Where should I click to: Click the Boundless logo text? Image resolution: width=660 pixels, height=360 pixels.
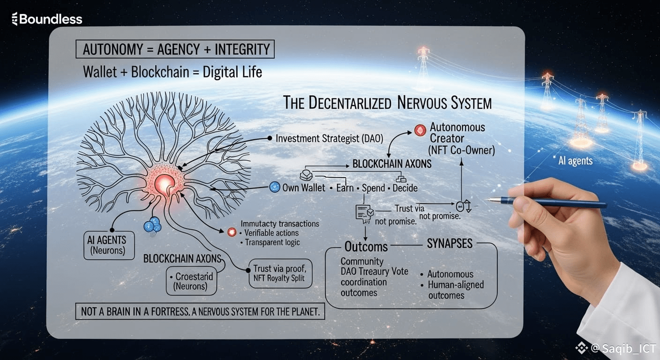pos(46,19)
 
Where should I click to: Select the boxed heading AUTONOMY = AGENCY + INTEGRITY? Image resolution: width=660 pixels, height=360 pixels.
pos(175,50)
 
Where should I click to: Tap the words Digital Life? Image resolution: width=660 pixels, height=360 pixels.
pos(232,72)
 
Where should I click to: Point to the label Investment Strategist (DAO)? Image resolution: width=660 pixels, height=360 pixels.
pos(330,138)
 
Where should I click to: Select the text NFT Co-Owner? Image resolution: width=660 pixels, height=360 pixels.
pos(461,150)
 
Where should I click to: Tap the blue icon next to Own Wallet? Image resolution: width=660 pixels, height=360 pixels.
pos(275,187)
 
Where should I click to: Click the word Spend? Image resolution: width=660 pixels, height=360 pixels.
pos(373,188)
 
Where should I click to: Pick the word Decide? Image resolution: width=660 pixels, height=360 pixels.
pos(405,188)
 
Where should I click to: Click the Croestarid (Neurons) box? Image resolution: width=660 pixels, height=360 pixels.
pos(191,280)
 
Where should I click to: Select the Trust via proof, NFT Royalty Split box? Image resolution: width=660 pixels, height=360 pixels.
pos(280,273)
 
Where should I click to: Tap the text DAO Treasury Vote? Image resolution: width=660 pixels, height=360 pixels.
pos(374,271)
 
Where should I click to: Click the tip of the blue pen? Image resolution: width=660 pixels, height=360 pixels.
pos(489,200)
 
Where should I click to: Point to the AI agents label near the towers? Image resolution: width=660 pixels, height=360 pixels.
pos(575,161)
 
